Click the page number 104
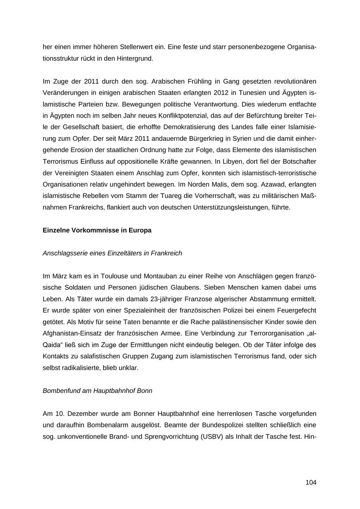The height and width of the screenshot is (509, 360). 311,482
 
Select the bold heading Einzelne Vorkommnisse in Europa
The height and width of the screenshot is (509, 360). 97,230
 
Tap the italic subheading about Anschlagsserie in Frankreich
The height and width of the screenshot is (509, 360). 112,253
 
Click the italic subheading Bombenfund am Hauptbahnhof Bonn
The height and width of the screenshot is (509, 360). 97,390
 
